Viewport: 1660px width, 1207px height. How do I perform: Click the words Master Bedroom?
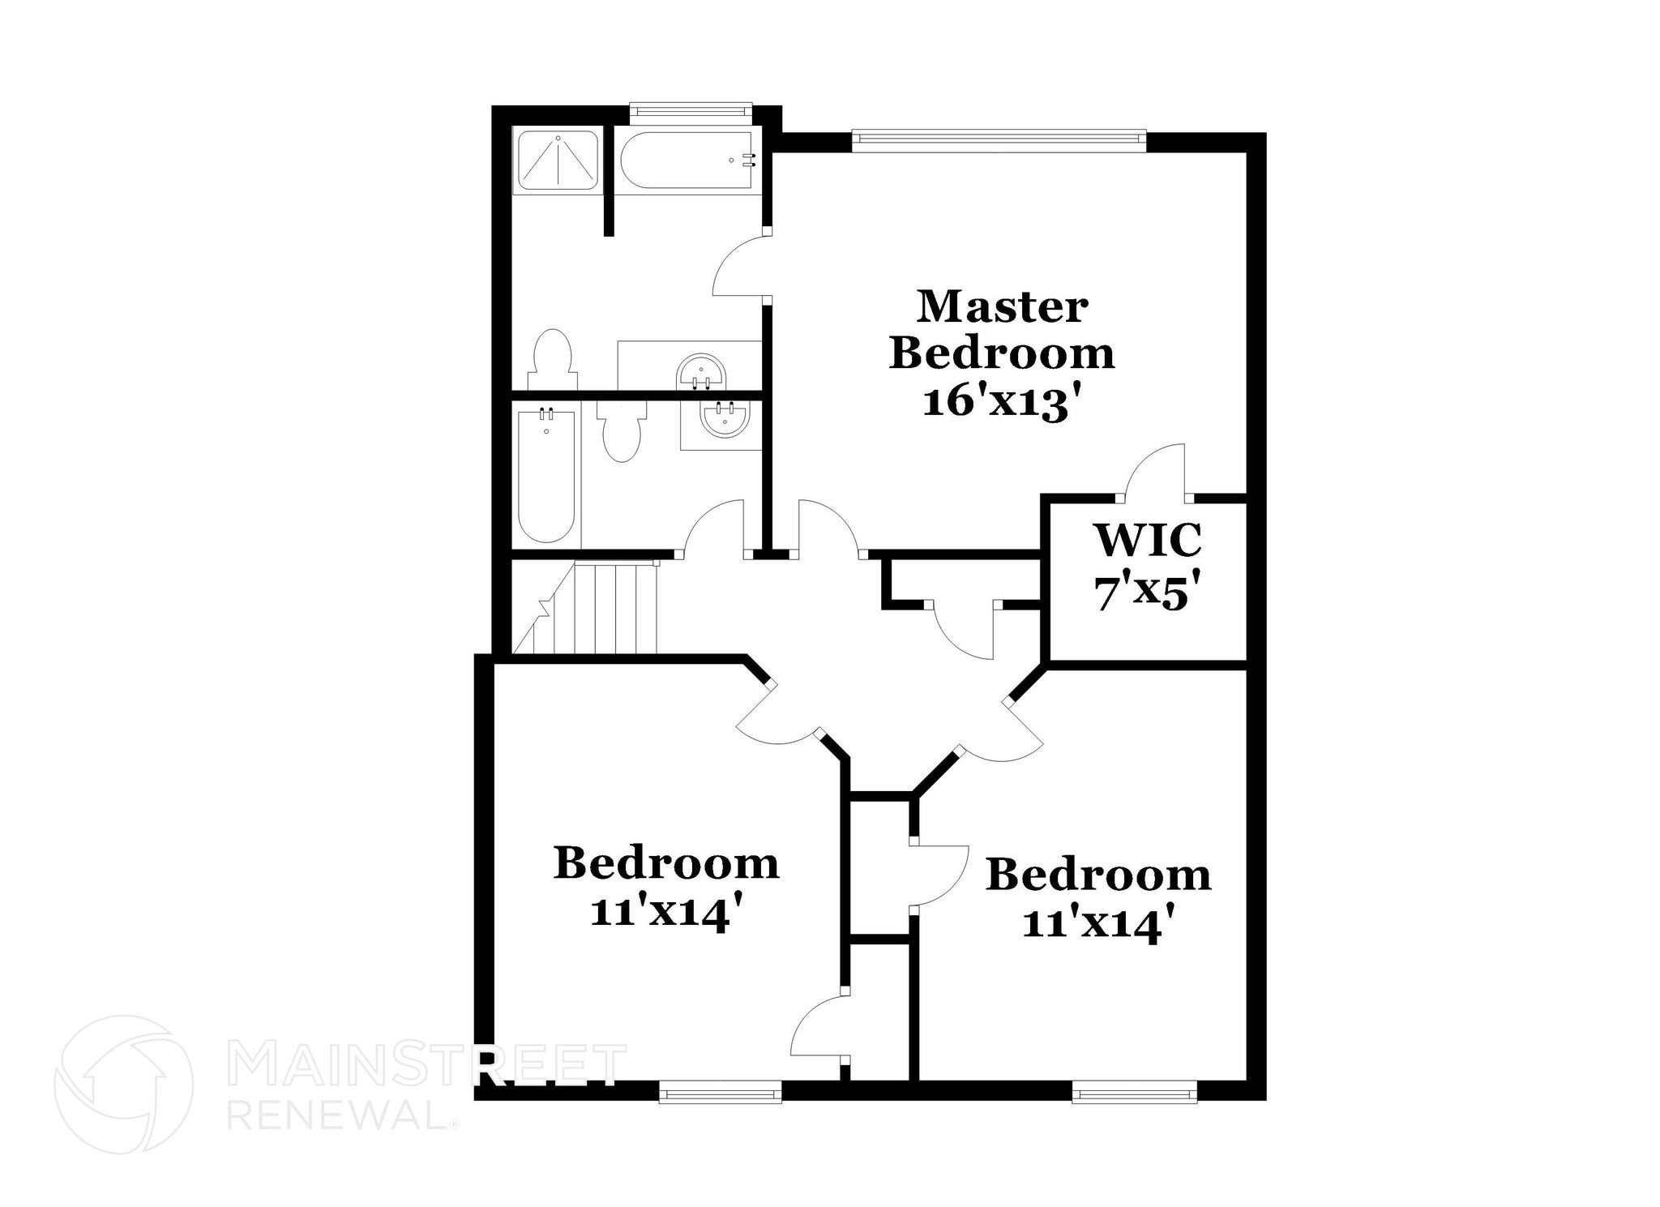1002,330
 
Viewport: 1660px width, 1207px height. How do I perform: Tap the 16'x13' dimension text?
1003,402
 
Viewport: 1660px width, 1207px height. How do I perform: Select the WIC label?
1147,540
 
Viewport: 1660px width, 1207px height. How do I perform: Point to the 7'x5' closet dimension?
1147,594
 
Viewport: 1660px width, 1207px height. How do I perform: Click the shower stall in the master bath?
558,161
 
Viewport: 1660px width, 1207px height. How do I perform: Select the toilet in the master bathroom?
553,360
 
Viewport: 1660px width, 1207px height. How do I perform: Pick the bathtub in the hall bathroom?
546,477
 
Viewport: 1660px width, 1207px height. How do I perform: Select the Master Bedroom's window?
999,140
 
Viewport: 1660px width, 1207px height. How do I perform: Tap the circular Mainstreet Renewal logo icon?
123,1084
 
